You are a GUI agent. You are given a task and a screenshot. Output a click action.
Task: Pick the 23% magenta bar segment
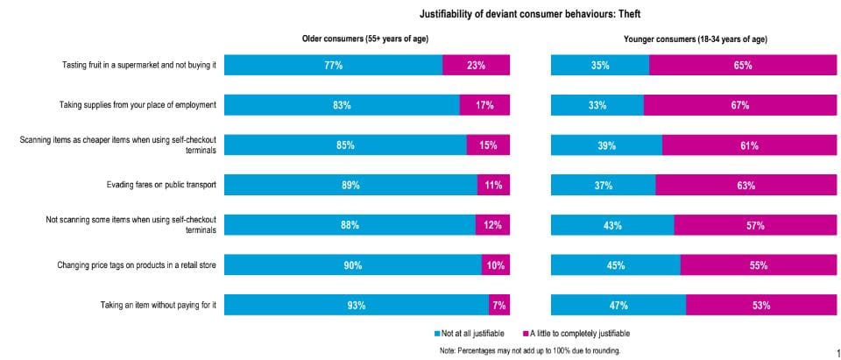(x=477, y=65)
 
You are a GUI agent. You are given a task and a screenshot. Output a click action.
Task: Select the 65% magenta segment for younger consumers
(x=743, y=65)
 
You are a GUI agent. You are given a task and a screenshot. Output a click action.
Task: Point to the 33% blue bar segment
(x=597, y=105)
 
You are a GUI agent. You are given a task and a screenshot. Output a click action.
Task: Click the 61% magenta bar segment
(x=749, y=145)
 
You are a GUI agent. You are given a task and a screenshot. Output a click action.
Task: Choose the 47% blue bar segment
(x=618, y=306)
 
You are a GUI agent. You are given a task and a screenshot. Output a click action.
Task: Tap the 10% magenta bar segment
(x=496, y=265)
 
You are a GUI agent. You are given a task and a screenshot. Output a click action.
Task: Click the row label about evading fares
(x=161, y=185)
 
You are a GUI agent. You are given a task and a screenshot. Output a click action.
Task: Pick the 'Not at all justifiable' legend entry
(x=472, y=334)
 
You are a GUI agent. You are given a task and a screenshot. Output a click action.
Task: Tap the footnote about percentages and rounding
(x=530, y=350)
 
